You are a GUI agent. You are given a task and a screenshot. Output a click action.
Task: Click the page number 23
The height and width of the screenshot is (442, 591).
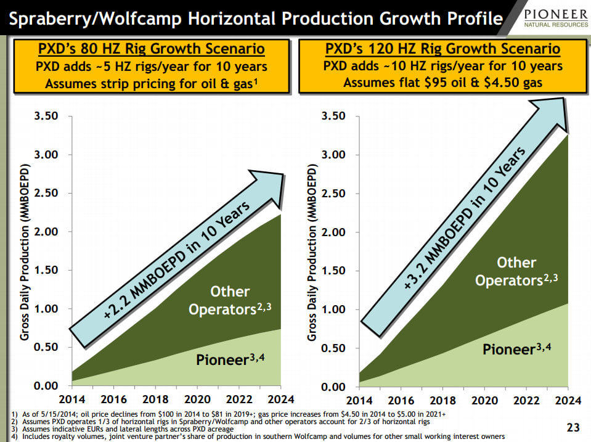[x=573, y=427]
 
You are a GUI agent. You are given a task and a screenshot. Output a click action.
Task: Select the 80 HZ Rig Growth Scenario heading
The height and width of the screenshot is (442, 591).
[x=152, y=49]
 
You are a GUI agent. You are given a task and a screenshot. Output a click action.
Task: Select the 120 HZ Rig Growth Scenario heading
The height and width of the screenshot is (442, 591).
[x=442, y=49]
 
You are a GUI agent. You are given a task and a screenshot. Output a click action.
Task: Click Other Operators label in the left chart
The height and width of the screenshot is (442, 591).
[x=229, y=300]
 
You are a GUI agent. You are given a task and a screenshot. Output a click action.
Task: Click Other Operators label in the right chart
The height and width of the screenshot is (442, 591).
[x=516, y=272]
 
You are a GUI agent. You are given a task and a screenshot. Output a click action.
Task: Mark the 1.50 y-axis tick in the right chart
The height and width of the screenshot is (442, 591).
[x=335, y=271]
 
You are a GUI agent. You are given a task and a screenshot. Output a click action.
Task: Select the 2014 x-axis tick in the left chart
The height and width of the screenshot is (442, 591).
[x=72, y=399]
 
